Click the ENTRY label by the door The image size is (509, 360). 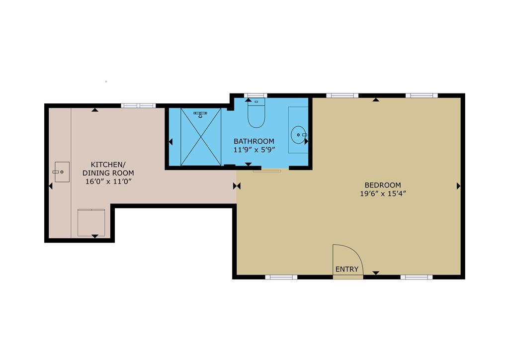pyautogui.click(x=346, y=269)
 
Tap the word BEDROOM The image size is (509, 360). pyautogui.click(x=382, y=185)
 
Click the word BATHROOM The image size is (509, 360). pyautogui.click(x=254, y=141)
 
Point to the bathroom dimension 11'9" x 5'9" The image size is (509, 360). pyautogui.click(x=254, y=149)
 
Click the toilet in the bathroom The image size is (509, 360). pyautogui.click(x=256, y=115)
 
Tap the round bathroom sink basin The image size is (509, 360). pyautogui.click(x=298, y=134)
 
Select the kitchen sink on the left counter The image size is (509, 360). pyautogui.click(x=62, y=172)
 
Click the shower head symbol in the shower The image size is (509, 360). pyautogui.click(x=200, y=114)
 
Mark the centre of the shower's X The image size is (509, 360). pyautogui.click(x=200, y=136)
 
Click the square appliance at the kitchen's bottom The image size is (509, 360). pyautogui.click(x=91, y=222)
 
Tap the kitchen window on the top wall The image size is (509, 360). pyautogui.click(x=138, y=105)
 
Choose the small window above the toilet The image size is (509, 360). pyautogui.click(x=256, y=95)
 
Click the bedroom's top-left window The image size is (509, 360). pyautogui.click(x=342, y=95)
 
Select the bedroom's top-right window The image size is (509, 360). pyautogui.click(x=422, y=95)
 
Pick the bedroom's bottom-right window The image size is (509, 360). pyautogui.click(x=417, y=277)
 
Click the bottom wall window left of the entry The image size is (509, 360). pyautogui.click(x=281, y=277)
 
